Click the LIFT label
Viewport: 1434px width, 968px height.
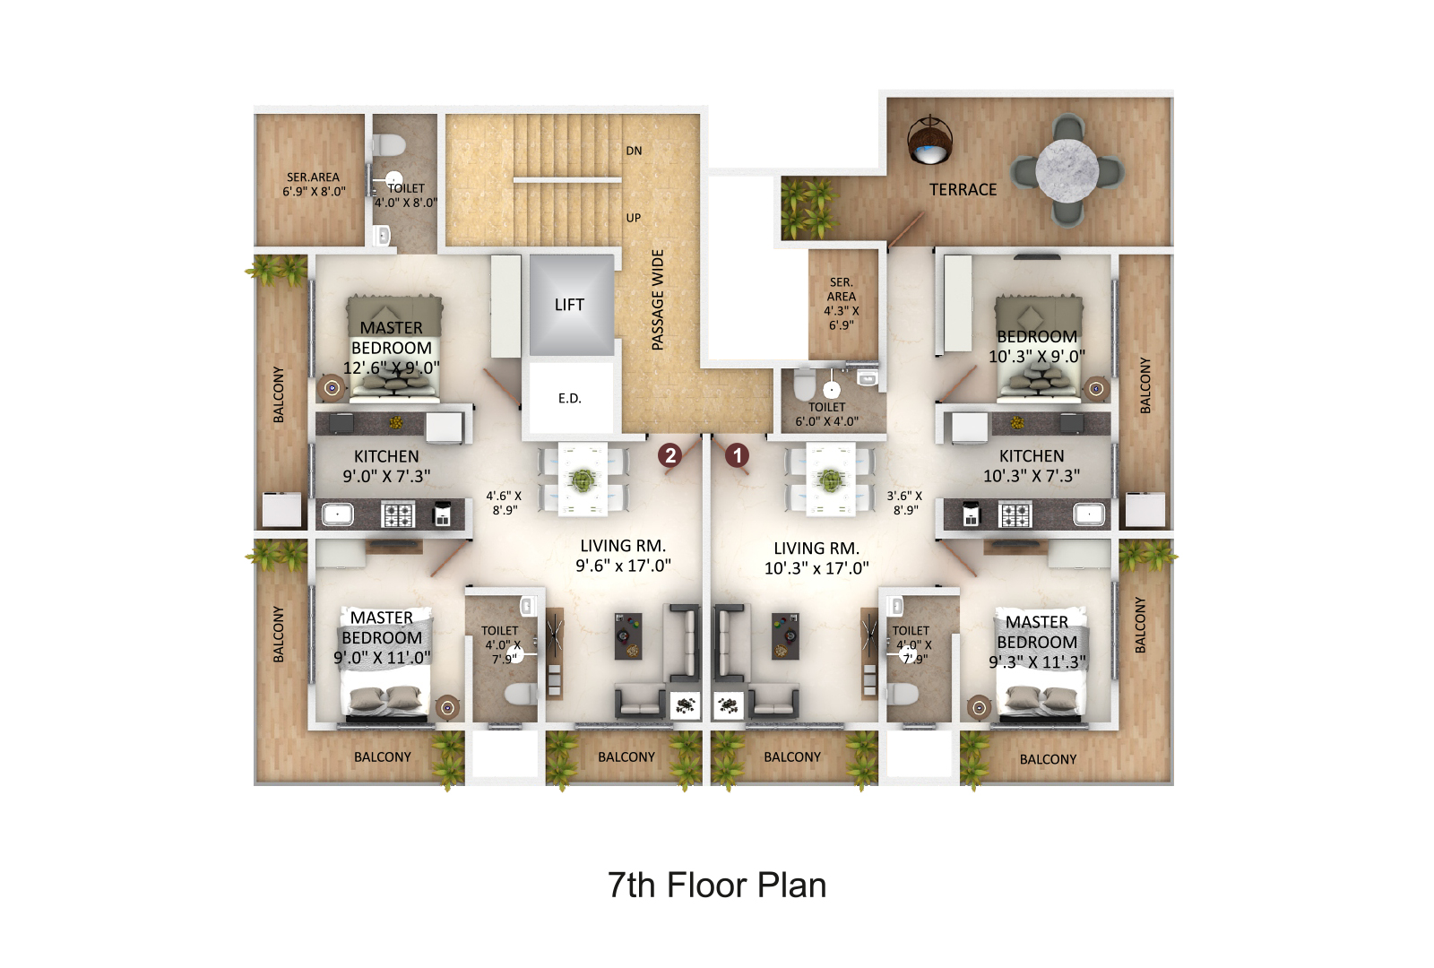[569, 305]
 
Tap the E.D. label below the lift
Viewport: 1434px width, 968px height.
[569, 398]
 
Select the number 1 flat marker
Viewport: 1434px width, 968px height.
[737, 455]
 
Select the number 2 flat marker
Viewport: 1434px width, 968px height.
[670, 455]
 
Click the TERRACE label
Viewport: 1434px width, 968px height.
[963, 189]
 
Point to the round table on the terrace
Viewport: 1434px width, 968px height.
[1067, 170]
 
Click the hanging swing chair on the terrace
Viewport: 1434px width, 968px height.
[929, 140]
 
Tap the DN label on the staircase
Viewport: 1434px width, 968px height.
[634, 151]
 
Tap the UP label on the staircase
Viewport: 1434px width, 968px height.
[633, 218]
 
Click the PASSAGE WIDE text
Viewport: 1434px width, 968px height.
[658, 299]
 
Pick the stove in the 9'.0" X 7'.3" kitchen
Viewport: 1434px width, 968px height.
[398, 514]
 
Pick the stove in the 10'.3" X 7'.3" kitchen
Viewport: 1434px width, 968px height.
[1015, 514]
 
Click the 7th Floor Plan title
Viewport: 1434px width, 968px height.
[716, 885]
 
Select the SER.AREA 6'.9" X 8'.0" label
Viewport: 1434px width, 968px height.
[314, 185]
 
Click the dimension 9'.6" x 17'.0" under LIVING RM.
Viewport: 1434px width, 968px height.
[623, 566]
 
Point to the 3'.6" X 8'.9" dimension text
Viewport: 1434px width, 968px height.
[904, 503]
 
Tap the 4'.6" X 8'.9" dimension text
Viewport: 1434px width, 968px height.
[504, 503]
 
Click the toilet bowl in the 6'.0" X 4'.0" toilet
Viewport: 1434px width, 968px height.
[805, 385]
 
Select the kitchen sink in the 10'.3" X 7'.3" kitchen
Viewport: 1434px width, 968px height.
[1089, 514]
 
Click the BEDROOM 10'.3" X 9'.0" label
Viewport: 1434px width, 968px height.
[1036, 346]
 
